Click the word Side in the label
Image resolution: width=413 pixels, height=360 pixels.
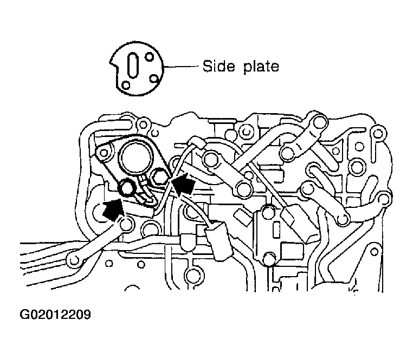(x=218, y=66)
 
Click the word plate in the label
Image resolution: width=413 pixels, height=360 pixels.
(x=261, y=67)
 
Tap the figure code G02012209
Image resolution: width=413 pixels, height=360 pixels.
(x=55, y=314)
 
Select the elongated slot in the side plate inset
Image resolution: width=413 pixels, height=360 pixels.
(x=133, y=65)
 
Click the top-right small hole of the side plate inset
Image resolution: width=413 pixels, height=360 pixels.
(x=150, y=57)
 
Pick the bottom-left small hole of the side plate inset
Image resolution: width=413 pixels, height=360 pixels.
(x=126, y=85)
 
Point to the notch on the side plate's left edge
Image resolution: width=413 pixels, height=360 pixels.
(x=114, y=64)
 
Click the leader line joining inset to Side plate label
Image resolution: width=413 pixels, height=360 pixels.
(x=180, y=66)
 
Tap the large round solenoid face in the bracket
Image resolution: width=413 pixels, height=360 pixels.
(x=136, y=160)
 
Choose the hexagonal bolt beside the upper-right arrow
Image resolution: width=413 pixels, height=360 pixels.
(x=159, y=176)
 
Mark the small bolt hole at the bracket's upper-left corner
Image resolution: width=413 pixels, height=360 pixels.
(x=104, y=153)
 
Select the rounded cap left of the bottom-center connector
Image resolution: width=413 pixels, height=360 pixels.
(x=188, y=243)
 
